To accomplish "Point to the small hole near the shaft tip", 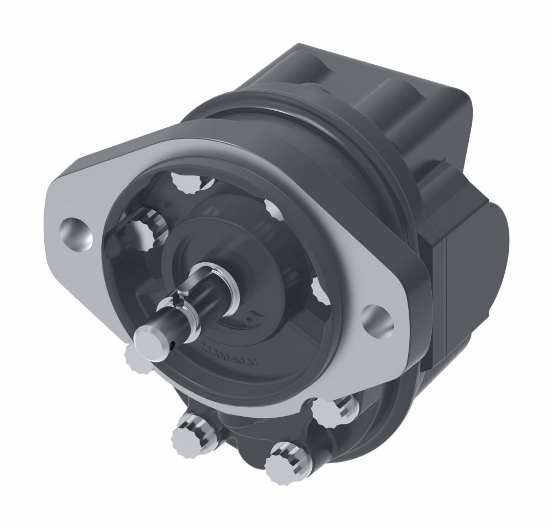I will [x=173, y=346].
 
